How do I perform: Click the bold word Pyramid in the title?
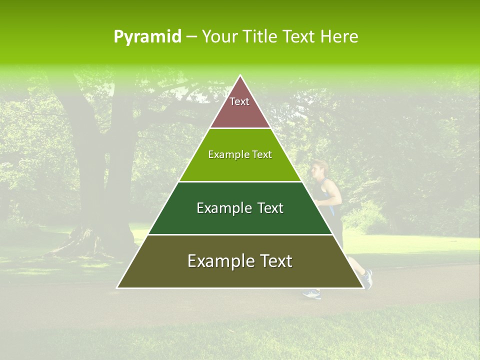point(147,37)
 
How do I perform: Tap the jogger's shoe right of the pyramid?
point(368,279)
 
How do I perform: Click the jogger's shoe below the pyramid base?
point(311,294)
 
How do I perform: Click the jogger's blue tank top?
point(331,195)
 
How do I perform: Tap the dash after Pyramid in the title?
point(191,37)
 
